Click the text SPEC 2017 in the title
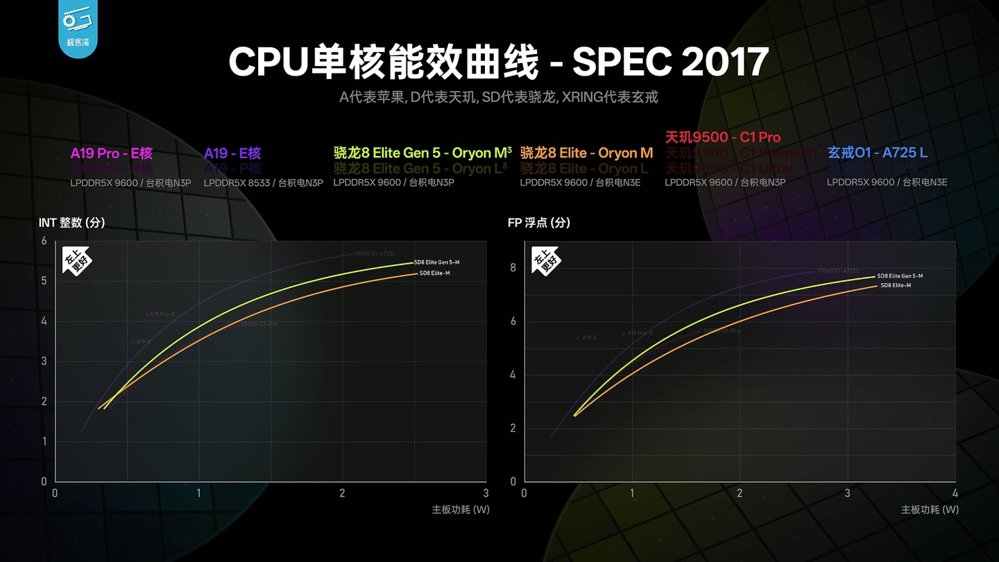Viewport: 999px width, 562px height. coord(670,62)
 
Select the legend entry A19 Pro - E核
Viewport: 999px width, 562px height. coord(111,153)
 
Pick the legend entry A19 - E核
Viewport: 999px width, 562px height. coord(232,153)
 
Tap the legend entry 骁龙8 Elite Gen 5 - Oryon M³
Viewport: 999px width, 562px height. coord(422,153)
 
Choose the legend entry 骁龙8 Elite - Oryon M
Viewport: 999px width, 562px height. coord(586,153)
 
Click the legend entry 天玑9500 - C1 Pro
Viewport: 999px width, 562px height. coord(722,137)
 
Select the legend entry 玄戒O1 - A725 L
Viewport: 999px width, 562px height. coord(877,153)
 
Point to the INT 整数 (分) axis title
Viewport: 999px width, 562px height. coord(72,223)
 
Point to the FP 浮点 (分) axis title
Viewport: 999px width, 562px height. coord(539,223)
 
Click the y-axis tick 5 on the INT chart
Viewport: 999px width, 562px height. coord(44,281)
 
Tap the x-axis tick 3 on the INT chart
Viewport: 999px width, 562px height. coord(486,493)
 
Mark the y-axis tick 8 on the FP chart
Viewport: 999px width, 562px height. coord(513,268)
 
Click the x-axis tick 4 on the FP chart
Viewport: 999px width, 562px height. coord(955,493)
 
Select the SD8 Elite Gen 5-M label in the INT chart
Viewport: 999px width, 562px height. coord(436,262)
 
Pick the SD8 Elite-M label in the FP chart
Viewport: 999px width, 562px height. coord(896,285)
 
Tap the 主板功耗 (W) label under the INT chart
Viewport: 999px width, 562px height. coord(461,510)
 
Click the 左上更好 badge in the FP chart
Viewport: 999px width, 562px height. coord(546,261)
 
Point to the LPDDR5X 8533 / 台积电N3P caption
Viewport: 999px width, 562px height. coord(263,182)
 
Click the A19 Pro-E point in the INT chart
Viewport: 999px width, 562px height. coord(147,314)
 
